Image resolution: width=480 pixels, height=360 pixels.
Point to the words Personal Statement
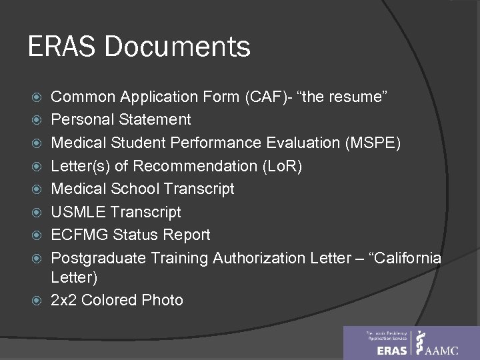tap(121, 120)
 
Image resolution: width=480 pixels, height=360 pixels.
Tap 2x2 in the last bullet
tap(66, 301)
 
